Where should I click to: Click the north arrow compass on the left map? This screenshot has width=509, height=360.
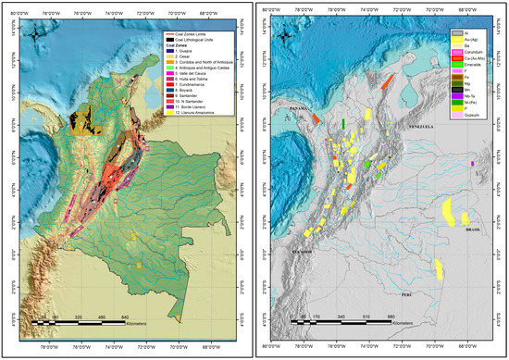pos(35,37)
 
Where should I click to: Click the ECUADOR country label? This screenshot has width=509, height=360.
pos(300,250)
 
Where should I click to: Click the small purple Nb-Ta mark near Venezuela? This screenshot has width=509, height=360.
pos(472,163)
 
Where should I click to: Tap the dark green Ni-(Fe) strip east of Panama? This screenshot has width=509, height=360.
pos(343,123)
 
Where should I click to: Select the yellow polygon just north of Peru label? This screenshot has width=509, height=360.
pos(437,269)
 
